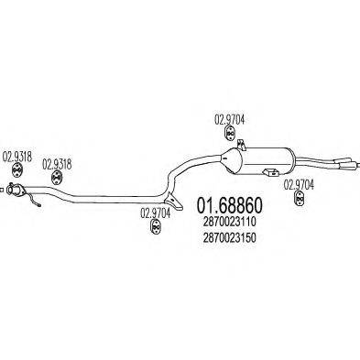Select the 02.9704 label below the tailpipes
coord(300,183)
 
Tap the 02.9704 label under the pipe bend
coord(156,213)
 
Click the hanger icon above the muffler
coord(230,133)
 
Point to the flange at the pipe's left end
coord(14,190)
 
